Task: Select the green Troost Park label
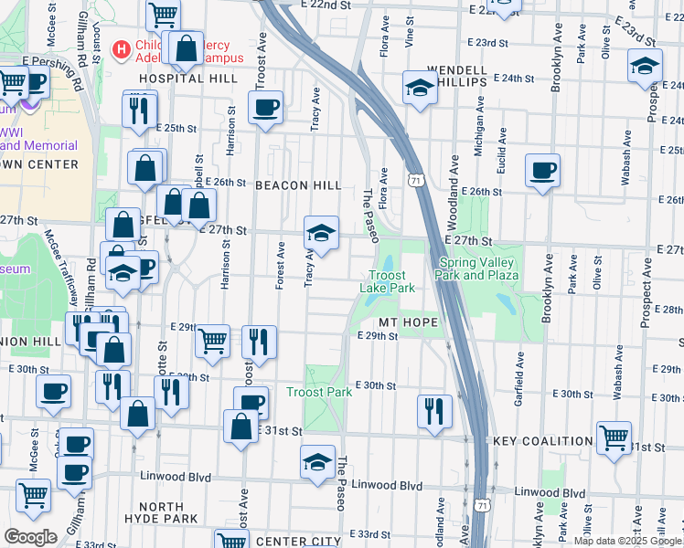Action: pos(319,393)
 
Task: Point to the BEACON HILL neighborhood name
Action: pos(297,185)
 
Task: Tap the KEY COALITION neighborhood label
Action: pos(543,441)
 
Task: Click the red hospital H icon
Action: pos(119,47)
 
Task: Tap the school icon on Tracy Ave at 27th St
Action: pos(321,233)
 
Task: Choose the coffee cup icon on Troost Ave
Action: pos(265,107)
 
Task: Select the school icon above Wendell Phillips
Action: pos(420,88)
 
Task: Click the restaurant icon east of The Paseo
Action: pos(434,410)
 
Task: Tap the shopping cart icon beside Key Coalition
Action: pos(613,437)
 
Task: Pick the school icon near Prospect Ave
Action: pos(645,65)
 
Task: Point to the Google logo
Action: pos(30,537)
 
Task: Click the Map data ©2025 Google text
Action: pos(627,541)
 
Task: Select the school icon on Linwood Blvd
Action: pos(317,461)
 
